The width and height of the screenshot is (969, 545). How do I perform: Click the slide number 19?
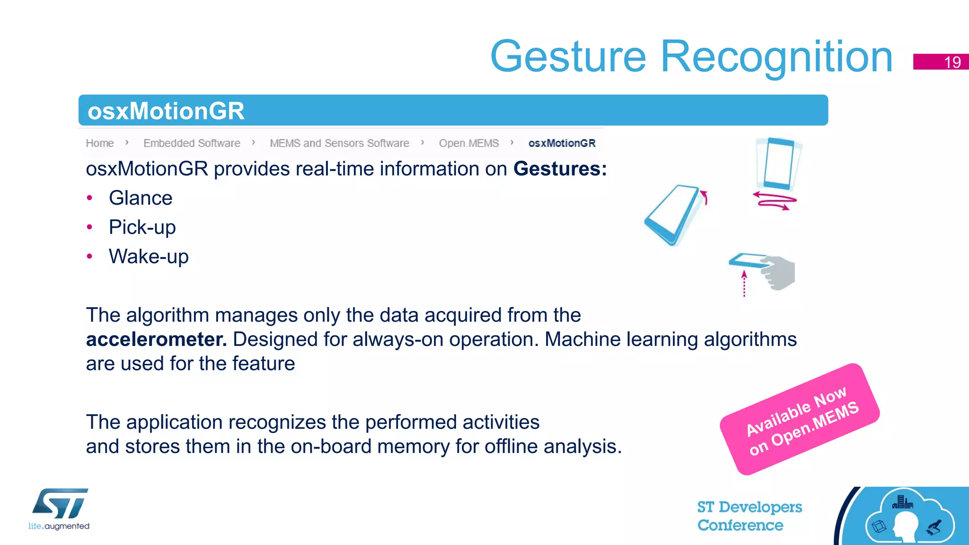click(x=952, y=62)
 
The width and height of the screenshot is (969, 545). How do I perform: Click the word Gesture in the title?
click(x=568, y=57)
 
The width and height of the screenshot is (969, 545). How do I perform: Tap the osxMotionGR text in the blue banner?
click(x=166, y=111)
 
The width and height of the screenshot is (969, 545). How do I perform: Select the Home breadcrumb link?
click(x=100, y=143)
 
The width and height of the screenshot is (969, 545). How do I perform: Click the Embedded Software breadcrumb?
click(x=192, y=143)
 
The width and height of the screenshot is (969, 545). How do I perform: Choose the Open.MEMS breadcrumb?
click(x=468, y=143)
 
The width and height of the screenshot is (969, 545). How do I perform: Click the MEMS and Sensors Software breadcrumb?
click(x=339, y=143)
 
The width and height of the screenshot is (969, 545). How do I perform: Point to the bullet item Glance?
click(x=141, y=198)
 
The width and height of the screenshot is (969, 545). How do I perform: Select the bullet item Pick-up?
click(x=142, y=227)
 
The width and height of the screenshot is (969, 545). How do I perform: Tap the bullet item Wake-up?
click(x=149, y=257)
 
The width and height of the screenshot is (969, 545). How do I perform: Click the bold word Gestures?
click(x=560, y=169)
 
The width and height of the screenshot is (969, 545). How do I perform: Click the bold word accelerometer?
click(x=156, y=339)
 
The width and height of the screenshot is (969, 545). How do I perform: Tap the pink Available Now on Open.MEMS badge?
click(x=800, y=419)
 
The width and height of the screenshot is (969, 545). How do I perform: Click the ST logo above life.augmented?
click(x=60, y=504)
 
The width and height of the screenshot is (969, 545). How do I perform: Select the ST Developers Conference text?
click(x=749, y=516)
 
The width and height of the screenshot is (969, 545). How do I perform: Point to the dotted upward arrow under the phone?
click(x=744, y=284)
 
